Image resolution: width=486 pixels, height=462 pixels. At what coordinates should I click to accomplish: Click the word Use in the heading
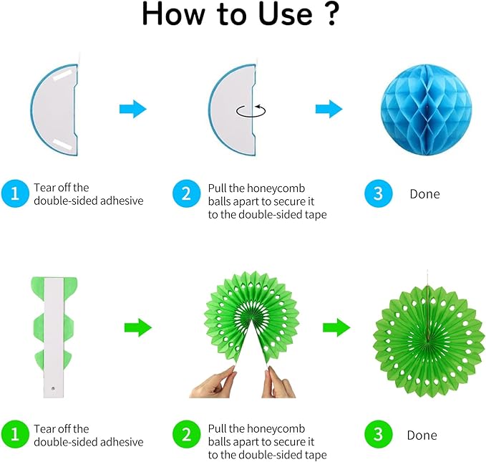point(286,14)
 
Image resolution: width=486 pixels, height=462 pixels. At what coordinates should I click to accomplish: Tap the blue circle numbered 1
point(15,193)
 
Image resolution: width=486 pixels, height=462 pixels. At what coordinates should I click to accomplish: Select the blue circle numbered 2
point(186,193)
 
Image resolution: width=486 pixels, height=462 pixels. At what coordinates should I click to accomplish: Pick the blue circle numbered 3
point(378,193)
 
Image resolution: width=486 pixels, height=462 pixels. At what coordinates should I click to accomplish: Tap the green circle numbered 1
point(15,434)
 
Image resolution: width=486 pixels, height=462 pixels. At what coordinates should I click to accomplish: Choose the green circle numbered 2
point(186,434)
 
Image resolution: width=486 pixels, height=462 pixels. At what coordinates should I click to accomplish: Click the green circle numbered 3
point(378,434)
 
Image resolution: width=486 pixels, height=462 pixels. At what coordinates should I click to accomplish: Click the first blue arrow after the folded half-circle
point(133,109)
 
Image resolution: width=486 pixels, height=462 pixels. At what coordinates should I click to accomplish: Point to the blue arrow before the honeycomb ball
point(329,109)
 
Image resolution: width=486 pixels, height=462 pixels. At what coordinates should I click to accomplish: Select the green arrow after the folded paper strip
point(138,327)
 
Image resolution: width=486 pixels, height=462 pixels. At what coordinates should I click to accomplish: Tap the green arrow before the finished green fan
point(336,327)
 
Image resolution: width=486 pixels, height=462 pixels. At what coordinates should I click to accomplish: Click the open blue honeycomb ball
point(426,110)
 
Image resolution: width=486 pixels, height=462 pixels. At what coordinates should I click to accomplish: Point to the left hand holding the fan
point(214,382)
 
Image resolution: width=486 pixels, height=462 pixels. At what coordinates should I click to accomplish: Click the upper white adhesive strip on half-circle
point(63,75)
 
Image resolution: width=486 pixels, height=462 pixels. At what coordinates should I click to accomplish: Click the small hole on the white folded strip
point(53,388)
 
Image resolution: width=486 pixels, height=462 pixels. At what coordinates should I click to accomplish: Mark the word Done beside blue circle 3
point(424,194)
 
